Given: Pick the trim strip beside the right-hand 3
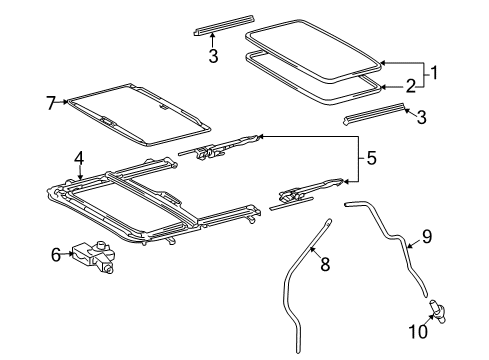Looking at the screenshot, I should click(x=374, y=113).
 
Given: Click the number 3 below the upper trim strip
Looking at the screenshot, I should click(x=213, y=57).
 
